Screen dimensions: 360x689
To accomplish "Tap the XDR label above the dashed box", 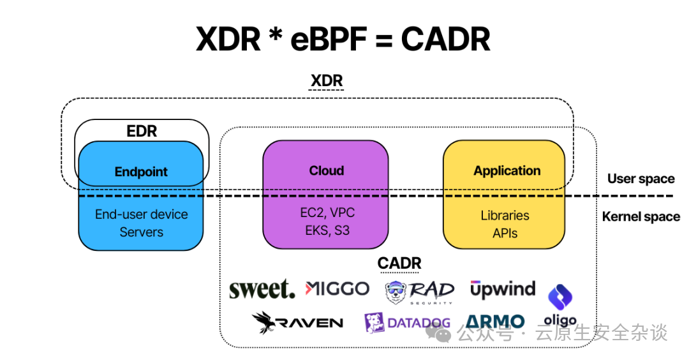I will coord(327,81).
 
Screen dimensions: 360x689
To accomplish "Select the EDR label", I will coord(141,131).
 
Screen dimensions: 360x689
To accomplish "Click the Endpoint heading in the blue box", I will coord(141,172).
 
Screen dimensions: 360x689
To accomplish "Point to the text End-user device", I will coord(141,214).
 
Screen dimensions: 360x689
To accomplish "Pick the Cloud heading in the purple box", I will coord(326,171).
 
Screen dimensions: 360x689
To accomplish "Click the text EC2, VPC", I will coord(326,213).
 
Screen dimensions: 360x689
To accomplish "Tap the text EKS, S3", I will coord(326,230).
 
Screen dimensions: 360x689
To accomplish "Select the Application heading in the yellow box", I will coord(507,171).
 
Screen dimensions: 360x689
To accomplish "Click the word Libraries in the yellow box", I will coord(505,216).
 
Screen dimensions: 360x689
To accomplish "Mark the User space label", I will coord(641,179).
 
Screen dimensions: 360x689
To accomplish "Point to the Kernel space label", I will coord(641,217).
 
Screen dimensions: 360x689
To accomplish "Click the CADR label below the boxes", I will coord(399,263).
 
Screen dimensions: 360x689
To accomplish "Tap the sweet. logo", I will coord(262,289).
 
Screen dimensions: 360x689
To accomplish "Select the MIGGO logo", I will coord(337,289).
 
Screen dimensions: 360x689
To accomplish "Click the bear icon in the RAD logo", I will coord(396,292).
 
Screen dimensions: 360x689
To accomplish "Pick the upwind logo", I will coord(503,289).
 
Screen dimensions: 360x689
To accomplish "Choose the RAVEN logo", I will coord(297,322).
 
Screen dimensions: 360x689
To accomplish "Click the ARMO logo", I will coord(495,322).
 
